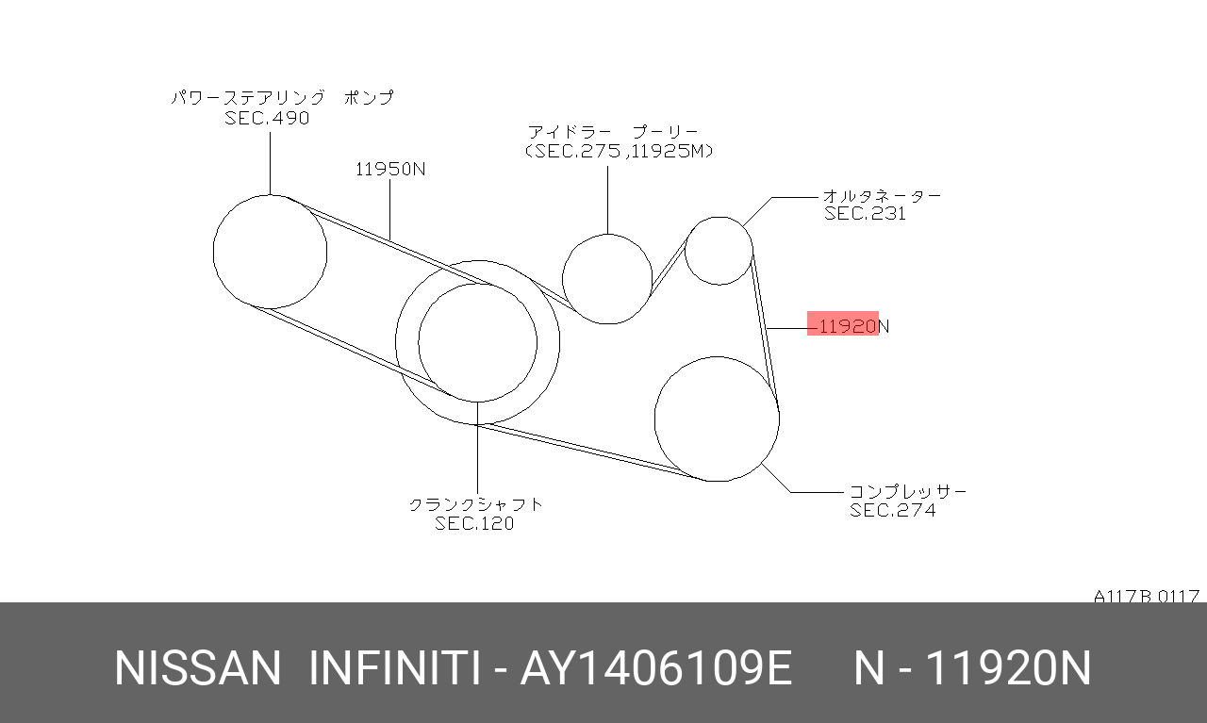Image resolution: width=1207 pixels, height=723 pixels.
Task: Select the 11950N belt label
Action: [x=390, y=169]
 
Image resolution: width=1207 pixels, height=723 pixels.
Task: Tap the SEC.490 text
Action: [x=267, y=118]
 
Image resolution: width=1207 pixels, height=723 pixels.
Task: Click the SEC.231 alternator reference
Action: [x=865, y=213]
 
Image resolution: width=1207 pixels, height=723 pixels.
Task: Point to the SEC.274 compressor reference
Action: [x=892, y=510]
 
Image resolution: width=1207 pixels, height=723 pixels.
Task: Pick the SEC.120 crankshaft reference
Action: [x=474, y=523]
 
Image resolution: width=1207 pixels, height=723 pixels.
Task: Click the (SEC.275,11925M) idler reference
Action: [x=619, y=151]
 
